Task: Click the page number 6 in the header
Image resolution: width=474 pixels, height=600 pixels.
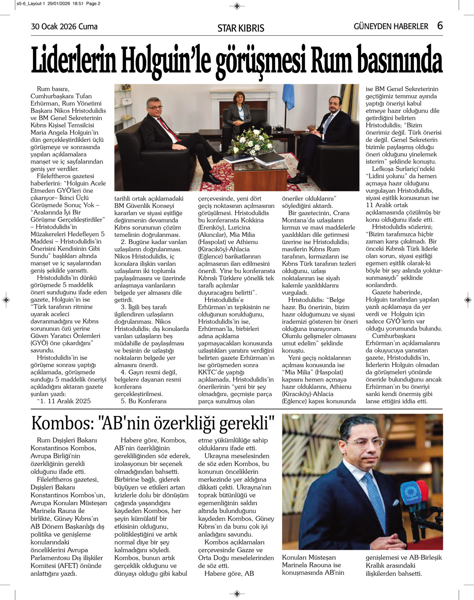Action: (440, 26)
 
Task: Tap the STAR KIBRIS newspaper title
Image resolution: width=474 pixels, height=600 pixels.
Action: (241, 28)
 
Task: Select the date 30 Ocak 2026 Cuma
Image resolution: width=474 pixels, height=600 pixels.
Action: (64, 27)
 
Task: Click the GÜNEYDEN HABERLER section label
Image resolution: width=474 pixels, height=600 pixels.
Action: (391, 26)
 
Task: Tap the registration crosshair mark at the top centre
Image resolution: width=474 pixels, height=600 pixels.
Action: (237, 6)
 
